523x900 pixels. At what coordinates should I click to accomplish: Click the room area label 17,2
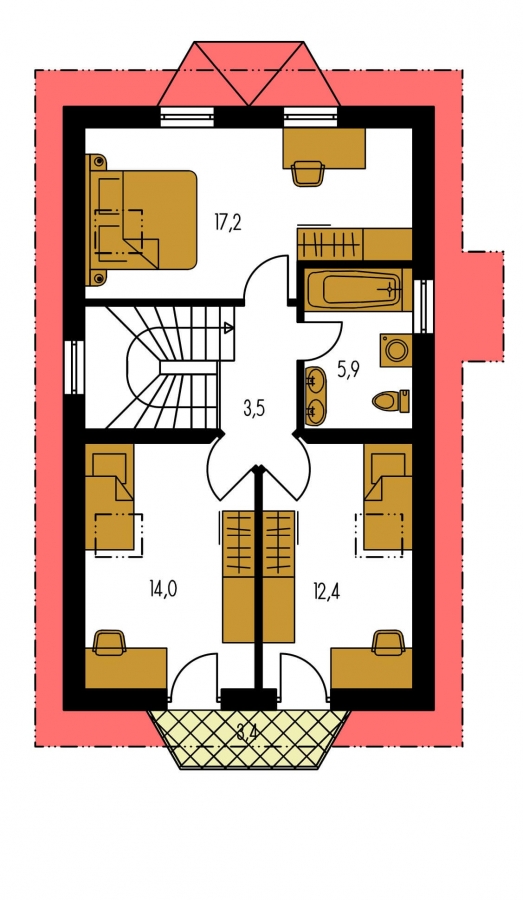pos(228,222)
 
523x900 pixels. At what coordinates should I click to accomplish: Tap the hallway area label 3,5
pos(253,409)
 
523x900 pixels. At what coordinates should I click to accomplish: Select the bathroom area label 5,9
pos(348,371)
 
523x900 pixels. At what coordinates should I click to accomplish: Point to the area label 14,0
pos(163,589)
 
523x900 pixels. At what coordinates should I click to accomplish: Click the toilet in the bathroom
pos(391,400)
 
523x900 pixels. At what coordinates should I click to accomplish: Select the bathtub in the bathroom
pos(357,289)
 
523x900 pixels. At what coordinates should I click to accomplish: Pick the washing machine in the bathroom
pos(396,350)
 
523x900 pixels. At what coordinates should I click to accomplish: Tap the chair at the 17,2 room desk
pos(308,173)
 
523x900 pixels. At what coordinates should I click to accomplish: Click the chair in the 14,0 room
pos(109,642)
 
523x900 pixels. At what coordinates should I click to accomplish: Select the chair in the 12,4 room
pos(388,642)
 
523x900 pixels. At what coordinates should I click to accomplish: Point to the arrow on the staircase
pos(228,328)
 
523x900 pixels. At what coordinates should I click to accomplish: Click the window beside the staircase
pos(74,367)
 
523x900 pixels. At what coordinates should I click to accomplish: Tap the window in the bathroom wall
pos(424,306)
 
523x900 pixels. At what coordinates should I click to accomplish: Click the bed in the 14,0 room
pos(110,496)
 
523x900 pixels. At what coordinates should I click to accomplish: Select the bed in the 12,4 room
pos(388,496)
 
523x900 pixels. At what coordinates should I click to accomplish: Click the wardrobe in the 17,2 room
pos(355,245)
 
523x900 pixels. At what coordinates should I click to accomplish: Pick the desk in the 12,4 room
pos(371,668)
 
